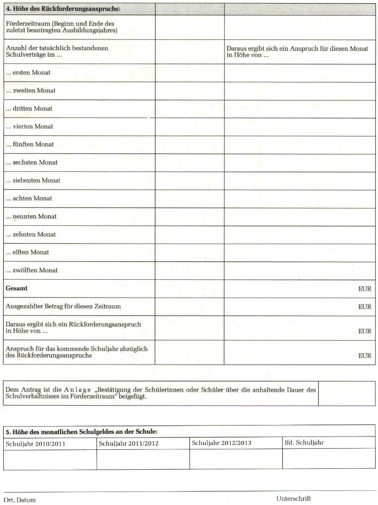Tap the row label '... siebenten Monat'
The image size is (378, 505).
pyautogui.click(x=33, y=180)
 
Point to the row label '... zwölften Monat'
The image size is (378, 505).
pyautogui.click(x=32, y=270)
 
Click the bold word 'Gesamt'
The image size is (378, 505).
pyautogui.click(x=17, y=288)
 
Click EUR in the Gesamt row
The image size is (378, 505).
pyautogui.click(x=364, y=289)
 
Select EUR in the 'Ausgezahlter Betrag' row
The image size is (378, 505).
pyautogui.click(x=364, y=307)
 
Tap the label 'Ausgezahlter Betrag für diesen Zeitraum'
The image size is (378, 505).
pyautogui.click(x=63, y=306)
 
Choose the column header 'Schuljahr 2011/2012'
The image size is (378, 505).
pyautogui.click(x=129, y=444)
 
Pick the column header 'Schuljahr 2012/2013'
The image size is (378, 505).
pyautogui.click(x=222, y=443)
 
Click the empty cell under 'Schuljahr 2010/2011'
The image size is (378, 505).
pyautogui.click(x=50, y=459)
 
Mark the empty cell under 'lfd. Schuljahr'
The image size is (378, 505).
pyautogui.click(x=328, y=459)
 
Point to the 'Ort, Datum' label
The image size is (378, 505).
pyautogui.click(x=20, y=500)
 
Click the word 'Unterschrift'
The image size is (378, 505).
pyautogui.click(x=294, y=499)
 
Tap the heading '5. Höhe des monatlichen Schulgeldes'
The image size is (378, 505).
pyautogui.click(x=82, y=432)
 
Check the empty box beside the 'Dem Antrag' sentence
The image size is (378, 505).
pyautogui.click(x=346, y=394)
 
